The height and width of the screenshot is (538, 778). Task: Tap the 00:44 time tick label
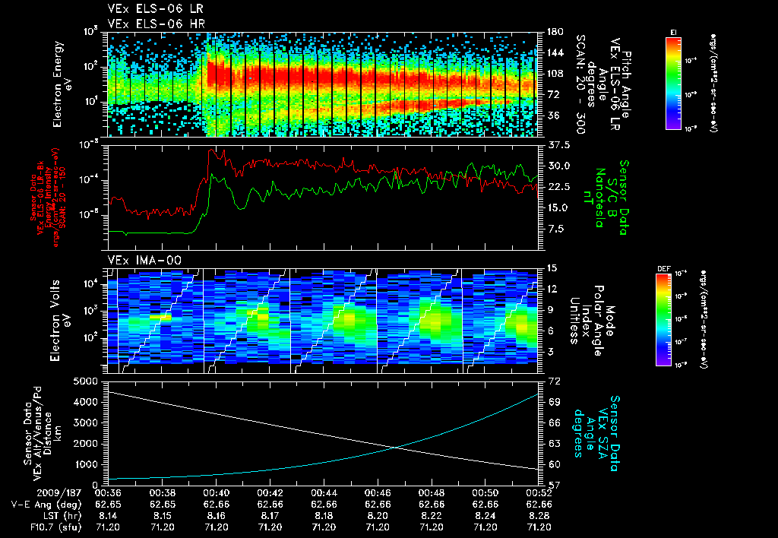coord(324,492)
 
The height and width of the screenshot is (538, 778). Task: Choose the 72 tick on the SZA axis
coord(553,380)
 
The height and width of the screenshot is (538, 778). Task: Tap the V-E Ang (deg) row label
coord(41,503)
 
